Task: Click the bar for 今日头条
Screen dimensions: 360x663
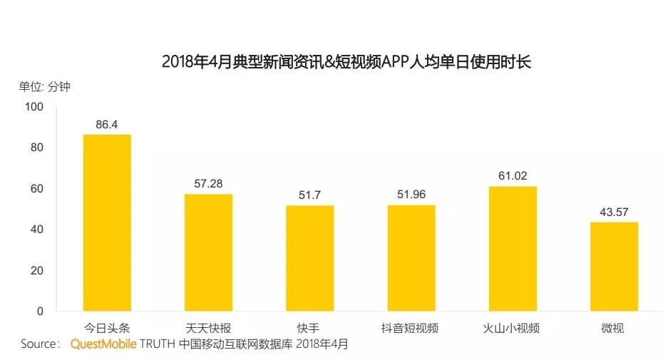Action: pos(107,222)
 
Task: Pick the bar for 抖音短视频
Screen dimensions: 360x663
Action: pos(411,258)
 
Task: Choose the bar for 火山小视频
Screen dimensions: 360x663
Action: pos(512,249)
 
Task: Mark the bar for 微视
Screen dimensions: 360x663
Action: pos(613,267)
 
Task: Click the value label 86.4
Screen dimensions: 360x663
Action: pos(107,125)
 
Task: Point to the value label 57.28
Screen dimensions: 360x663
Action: pos(208,184)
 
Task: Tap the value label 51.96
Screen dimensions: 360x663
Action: pos(411,195)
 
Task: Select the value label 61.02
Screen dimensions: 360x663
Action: pos(512,176)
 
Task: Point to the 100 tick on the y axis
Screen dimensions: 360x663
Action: pos(34,107)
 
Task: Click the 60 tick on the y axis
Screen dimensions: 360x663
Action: pos(36,189)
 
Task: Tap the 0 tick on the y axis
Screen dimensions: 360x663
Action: pos(40,312)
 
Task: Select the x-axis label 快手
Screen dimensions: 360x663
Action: pos(309,329)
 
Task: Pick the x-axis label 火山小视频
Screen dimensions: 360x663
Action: pos(512,329)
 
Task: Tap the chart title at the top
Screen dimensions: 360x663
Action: pos(346,62)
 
